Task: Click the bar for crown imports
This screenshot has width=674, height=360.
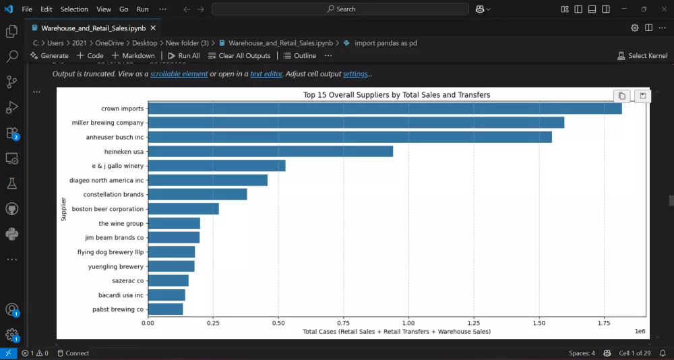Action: coord(384,109)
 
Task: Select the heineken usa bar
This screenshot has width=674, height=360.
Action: coord(270,152)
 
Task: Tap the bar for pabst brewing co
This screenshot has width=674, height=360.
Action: coord(165,309)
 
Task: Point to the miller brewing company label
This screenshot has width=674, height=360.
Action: coord(108,123)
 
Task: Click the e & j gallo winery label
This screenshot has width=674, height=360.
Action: coord(118,166)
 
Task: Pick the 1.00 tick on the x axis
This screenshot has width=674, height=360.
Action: coord(408,324)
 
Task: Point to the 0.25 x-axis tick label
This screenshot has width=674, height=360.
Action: coord(213,324)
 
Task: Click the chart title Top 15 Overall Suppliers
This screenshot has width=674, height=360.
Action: coord(396,95)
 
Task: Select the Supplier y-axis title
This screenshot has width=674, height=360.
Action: coord(63,209)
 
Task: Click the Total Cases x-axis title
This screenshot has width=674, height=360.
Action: coord(396,332)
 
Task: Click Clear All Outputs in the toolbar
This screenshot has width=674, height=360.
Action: coord(239,56)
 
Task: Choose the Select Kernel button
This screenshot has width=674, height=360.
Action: coord(642,56)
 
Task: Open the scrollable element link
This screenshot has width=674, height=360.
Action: coord(179,73)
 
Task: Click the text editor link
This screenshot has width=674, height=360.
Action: coord(266,73)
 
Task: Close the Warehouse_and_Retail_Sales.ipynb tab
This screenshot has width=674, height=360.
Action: coord(153,28)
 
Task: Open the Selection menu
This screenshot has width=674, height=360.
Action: coord(74,9)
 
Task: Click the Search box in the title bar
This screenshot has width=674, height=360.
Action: coord(340,9)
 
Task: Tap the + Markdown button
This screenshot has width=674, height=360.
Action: coord(133,56)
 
